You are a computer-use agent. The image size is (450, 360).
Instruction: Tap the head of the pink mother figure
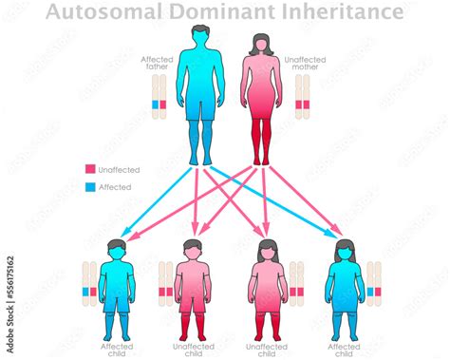point(261,44)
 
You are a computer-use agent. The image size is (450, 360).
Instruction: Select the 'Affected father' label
point(159,63)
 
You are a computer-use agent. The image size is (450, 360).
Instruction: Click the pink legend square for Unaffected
point(90,169)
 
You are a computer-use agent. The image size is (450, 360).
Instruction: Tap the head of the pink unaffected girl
point(267,252)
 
